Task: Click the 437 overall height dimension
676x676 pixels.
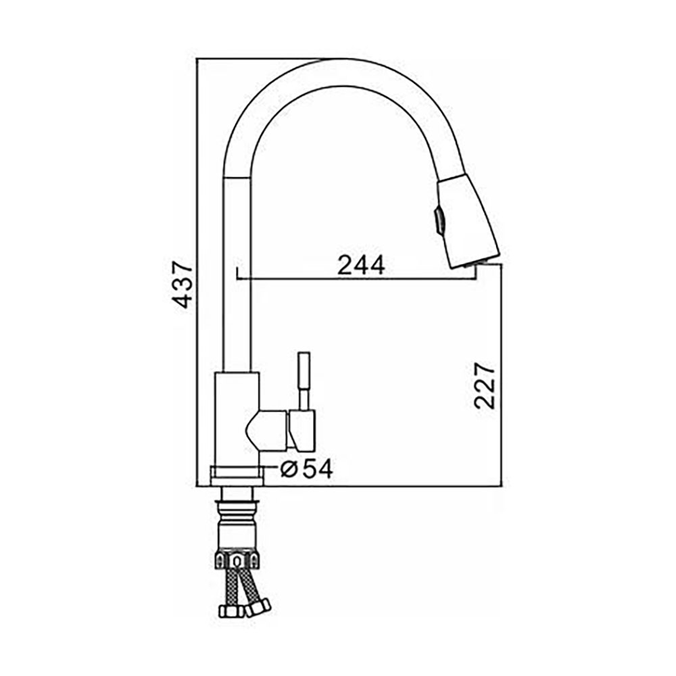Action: click(x=180, y=284)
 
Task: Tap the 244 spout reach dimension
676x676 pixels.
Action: click(x=360, y=265)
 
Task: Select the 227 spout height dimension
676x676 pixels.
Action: click(x=484, y=386)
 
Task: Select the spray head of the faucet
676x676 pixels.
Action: click(x=468, y=222)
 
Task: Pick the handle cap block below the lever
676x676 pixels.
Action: click(x=303, y=429)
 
